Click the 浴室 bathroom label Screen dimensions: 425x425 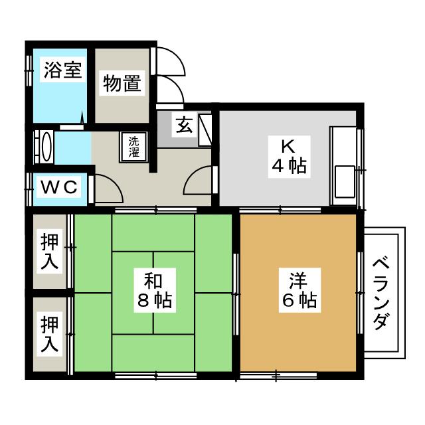[x=63, y=70]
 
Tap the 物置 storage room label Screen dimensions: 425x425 [x=121, y=84]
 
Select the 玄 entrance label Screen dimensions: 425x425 [x=185, y=125]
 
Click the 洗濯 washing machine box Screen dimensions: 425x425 [x=134, y=147]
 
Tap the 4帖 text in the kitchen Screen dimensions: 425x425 [x=288, y=166]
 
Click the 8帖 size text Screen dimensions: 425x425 [x=155, y=301]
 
